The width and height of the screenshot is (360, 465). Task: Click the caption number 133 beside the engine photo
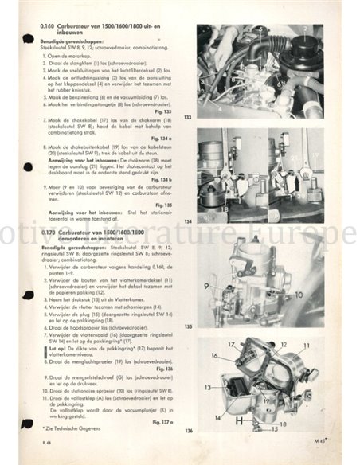pos(189,117)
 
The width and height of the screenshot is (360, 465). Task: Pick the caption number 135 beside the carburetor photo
pos(189,326)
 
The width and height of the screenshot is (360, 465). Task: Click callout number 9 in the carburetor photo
pos(205,284)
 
